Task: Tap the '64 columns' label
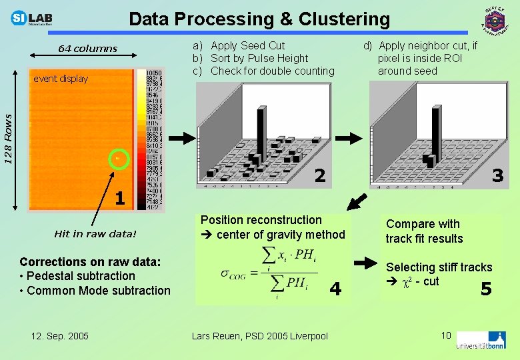coord(87,49)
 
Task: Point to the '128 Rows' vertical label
coord(9,139)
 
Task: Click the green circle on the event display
coord(118,159)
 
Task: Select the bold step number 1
coord(119,198)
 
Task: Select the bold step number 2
coord(320,176)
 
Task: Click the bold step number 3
coord(497,176)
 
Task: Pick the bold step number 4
coord(335,289)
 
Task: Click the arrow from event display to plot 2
coord(179,138)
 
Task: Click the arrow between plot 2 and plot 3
coord(353,138)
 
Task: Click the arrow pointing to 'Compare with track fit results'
coord(365,264)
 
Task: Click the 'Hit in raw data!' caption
coord(95,234)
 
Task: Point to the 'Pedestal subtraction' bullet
coord(77,276)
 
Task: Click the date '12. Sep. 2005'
coord(59,335)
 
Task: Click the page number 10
coord(446,334)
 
